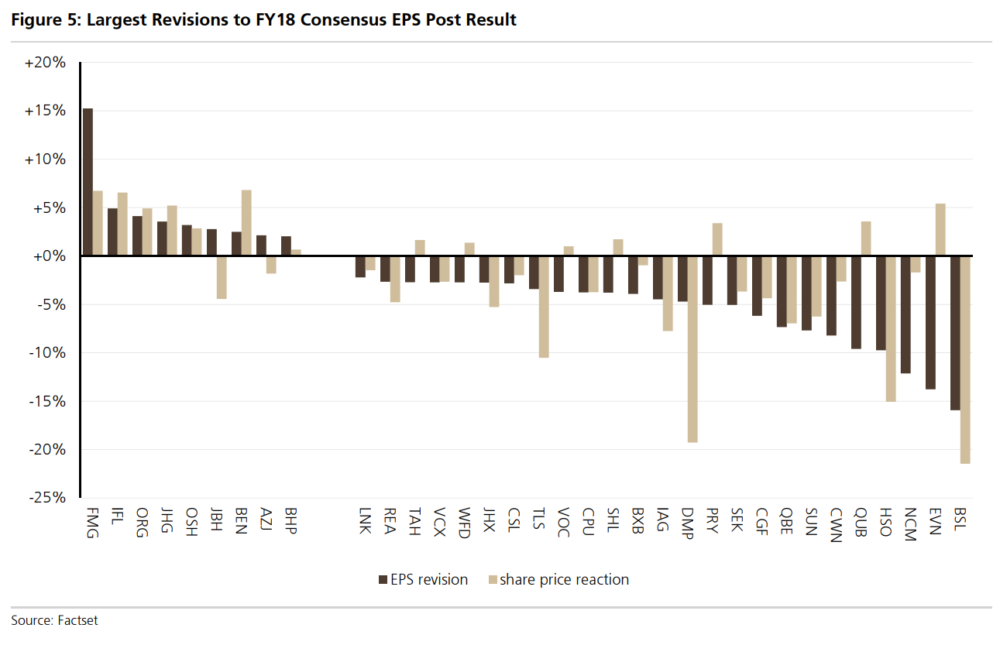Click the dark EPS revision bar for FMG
point(88,182)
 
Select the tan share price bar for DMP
point(692,348)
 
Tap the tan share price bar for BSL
point(965,359)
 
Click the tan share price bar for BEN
point(246,223)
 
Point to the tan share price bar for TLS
point(544,307)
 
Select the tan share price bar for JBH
point(222,277)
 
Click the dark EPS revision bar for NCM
point(905,314)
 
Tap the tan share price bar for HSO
point(891,328)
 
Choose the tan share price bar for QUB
point(866,238)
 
